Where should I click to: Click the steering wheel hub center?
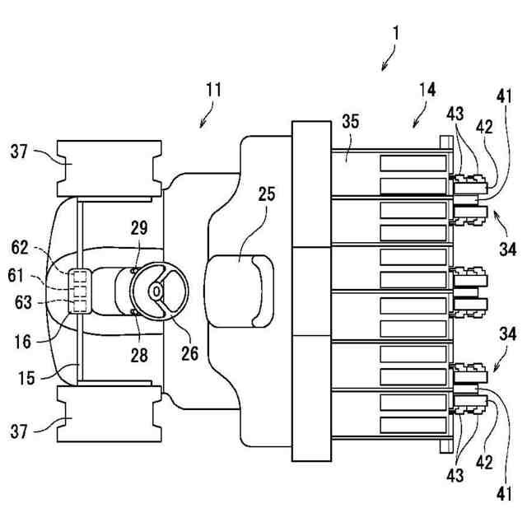[156, 291]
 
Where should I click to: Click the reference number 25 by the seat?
[267, 194]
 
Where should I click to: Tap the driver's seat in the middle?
[239, 291]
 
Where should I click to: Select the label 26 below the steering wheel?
[190, 353]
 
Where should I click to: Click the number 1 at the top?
[396, 33]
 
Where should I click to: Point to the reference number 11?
[214, 90]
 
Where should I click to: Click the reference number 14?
[427, 90]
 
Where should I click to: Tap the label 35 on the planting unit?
[351, 121]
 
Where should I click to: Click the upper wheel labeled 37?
[110, 168]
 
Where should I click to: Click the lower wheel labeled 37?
[110, 413]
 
